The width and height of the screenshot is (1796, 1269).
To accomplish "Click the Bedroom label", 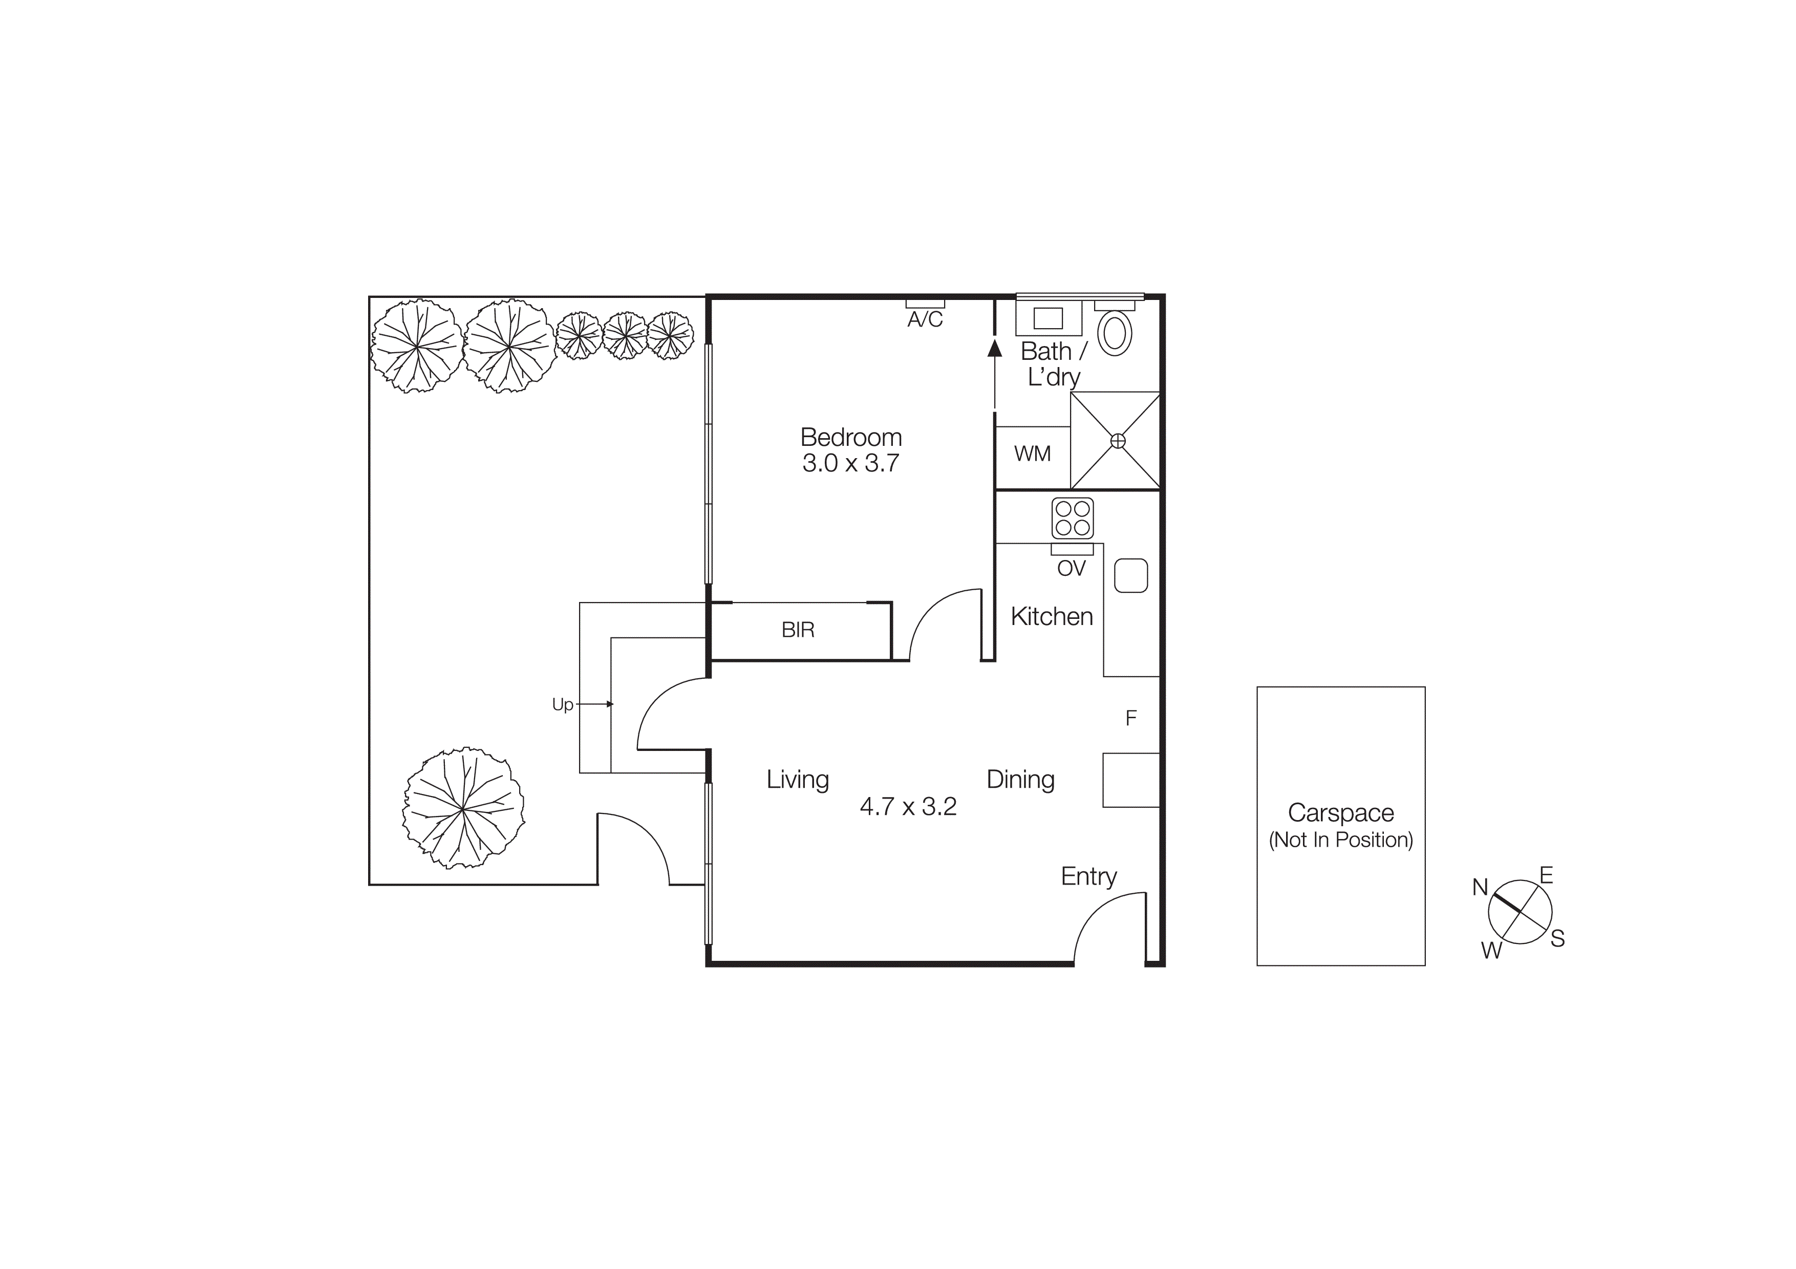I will pyautogui.click(x=850, y=437).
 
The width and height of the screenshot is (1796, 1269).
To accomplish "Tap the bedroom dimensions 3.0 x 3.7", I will pyautogui.click(x=850, y=463).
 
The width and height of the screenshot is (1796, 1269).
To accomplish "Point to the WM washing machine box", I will pyautogui.click(x=1032, y=454).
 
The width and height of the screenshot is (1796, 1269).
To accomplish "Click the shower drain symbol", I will pyautogui.click(x=1118, y=441).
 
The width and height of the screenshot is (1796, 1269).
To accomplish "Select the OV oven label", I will pyautogui.click(x=1071, y=568).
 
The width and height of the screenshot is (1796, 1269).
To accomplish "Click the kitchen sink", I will pyautogui.click(x=1130, y=575).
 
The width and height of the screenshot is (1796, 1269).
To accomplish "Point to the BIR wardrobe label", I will pyautogui.click(x=798, y=630).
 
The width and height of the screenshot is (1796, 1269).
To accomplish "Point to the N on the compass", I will pyautogui.click(x=1479, y=888).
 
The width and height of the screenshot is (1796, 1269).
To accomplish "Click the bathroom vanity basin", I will pyautogui.click(x=1048, y=318).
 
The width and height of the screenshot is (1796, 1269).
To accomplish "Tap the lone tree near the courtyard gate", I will pyautogui.click(x=463, y=808).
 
